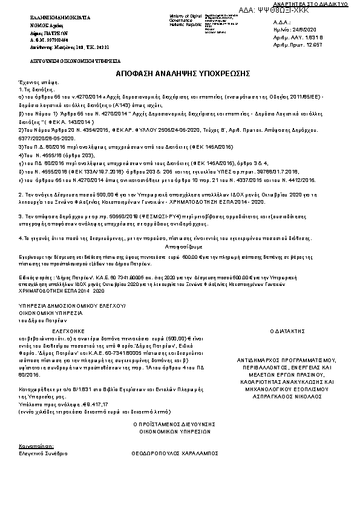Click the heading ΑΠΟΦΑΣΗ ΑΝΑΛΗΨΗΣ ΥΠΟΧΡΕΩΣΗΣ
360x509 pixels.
pos(183,73)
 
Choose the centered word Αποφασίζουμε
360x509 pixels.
pos(183,248)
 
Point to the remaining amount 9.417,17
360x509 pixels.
pos(96,404)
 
